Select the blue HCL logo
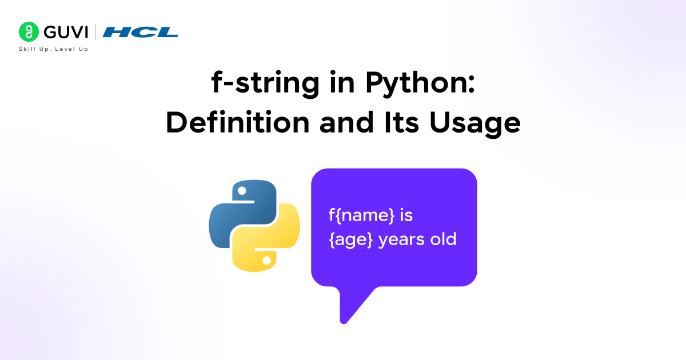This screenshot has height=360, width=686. [141, 33]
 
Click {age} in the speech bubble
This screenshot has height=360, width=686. [351, 239]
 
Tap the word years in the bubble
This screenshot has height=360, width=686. [402, 239]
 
